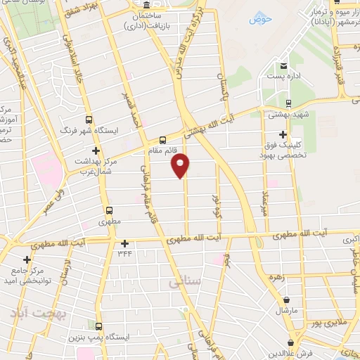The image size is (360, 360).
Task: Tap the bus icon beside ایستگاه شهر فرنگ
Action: click(x=89, y=120)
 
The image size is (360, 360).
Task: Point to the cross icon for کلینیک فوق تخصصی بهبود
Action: click(x=283, y=134)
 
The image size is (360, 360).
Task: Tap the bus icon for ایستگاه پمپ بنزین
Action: click(x=98, y=326)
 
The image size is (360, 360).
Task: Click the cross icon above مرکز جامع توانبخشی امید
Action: click(x=27, y=259)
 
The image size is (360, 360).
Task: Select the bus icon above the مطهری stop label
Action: click(x=109, y=210)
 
